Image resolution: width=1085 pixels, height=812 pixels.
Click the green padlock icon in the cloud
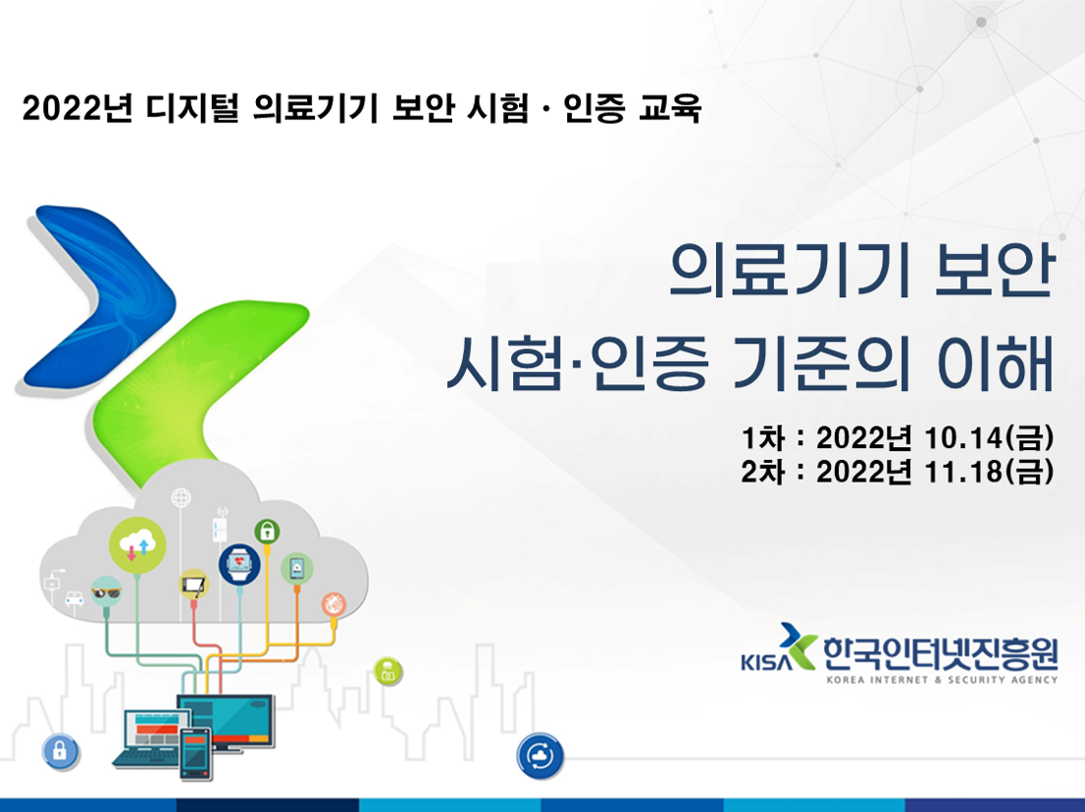click(x=266, y=531)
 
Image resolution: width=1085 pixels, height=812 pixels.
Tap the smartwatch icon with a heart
click(x=238, y=564)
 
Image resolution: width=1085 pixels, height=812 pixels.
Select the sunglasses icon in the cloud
click(x=105, y=591)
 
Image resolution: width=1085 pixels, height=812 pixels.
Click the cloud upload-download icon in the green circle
click(x=136, y=544)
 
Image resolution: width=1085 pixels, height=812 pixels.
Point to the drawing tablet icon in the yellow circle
click(x=194, y=586)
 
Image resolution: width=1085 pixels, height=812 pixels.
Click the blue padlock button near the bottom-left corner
click(x=60, y=752)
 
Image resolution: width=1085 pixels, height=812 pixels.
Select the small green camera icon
click(x=388, y=673)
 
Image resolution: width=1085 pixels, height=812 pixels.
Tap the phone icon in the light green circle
click(x=297, y=568)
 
